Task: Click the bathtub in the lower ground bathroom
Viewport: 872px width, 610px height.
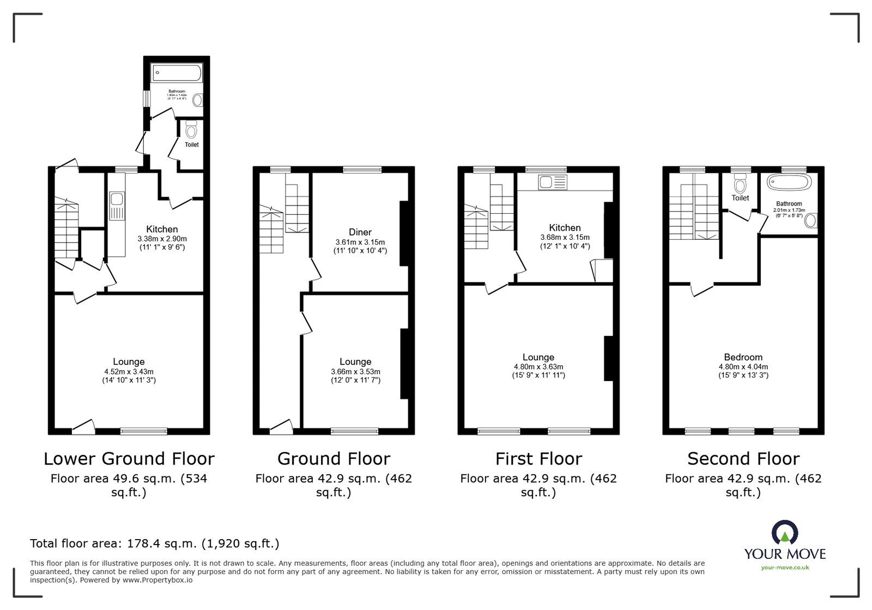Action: pos(177,73)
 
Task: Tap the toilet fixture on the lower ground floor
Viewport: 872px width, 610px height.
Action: pos(191,130)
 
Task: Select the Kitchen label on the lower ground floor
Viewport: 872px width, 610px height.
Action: pos(162,229)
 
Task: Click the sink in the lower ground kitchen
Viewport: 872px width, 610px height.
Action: pos(117,206)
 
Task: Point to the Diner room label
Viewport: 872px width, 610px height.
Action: pos(360,232)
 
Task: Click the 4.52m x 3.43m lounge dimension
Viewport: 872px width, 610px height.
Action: pos(129,371)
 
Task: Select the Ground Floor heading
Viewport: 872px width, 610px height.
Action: pos(334,458)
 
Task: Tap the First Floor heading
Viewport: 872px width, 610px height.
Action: pos(538,458)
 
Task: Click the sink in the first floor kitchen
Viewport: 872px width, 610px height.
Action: pos(553,182)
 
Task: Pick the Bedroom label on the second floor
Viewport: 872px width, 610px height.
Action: pos(743,358)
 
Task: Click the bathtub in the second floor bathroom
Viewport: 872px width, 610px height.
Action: pos(789,183)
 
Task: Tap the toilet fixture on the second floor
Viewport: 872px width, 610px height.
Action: pos(740,180)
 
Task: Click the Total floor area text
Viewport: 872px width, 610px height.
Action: pos(155,543)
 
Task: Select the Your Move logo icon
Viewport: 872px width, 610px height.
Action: pos(785,532)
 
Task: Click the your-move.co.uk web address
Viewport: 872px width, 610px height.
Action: pos(785,567)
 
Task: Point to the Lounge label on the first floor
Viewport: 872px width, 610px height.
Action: pos(538,358)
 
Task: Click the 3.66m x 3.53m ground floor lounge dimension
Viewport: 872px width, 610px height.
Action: pos(355,371)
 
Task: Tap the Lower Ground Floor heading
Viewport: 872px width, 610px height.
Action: pos(129,458)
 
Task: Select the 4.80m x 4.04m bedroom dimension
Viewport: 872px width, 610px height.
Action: pos(743,367)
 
